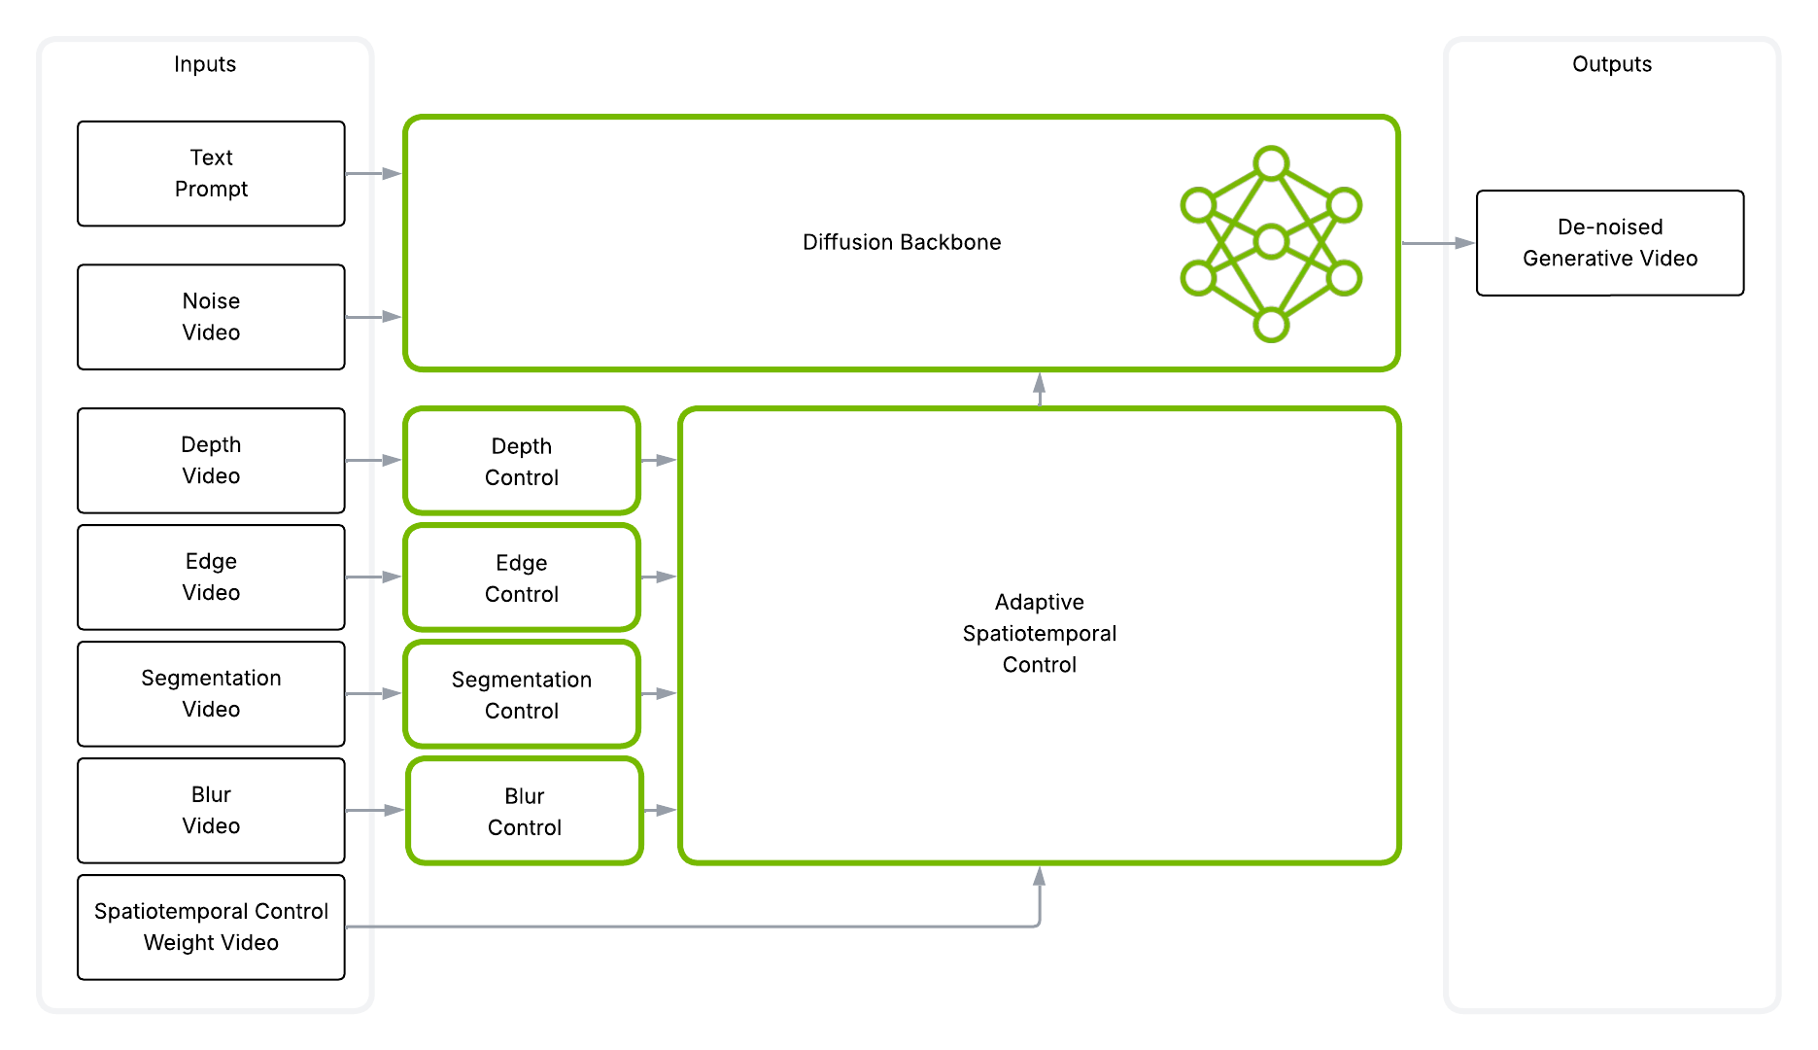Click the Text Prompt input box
coord(211,173)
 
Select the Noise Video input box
coord(211,317)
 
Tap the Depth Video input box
coord(211,460)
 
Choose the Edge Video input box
coord(211,577)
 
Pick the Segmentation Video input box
coord(211,693)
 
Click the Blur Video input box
coord(211,810)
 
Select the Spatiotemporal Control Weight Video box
coord(211,927)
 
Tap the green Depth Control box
coord(522,461)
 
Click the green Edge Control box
coord(522,577)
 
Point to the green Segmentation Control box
coord(522,694)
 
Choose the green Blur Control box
coord(525,811)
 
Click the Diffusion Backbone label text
coord(901,242)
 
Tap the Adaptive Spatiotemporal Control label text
coord(1039,633)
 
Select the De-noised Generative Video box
coord(1609,242)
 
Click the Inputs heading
coord(205,64)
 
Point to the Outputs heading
coord(1611,64)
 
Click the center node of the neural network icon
coord(1271,241)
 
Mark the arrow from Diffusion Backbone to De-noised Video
coord(1438,243)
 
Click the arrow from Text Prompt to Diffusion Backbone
coord(374,173)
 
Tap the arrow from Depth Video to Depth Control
coord(374,460)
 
